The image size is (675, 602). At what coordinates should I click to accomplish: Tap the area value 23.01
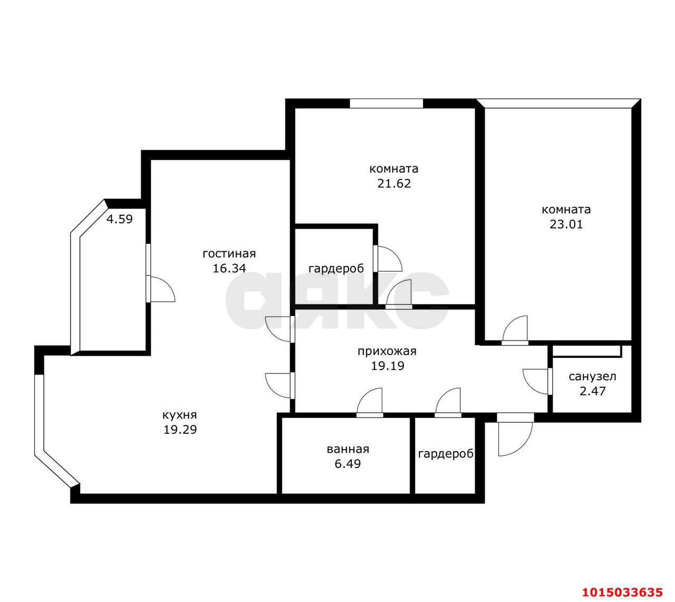point(566,224)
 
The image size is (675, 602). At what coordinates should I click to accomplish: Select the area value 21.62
point(393,184)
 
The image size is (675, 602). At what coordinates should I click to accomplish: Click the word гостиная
point(229,254)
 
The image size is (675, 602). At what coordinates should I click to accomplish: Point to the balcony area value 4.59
point(120,218)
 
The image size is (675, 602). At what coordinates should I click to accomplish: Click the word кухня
point(180,415)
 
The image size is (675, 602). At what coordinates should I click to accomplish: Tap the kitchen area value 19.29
point(180,429)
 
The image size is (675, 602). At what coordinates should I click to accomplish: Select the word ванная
point(348,450)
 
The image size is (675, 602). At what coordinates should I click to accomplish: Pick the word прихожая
point(387,351)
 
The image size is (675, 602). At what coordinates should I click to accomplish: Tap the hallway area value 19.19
point(387,366)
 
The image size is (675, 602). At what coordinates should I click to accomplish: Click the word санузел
point(592,377)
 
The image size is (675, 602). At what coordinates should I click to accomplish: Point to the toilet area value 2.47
point(592,391)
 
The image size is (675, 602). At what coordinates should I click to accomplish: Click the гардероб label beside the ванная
point(446,454)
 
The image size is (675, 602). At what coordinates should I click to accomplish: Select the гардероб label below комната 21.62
point(336,269)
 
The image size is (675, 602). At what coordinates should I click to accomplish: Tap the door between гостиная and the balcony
point(160,289)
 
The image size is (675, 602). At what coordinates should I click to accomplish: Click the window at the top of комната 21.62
point(387,103)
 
